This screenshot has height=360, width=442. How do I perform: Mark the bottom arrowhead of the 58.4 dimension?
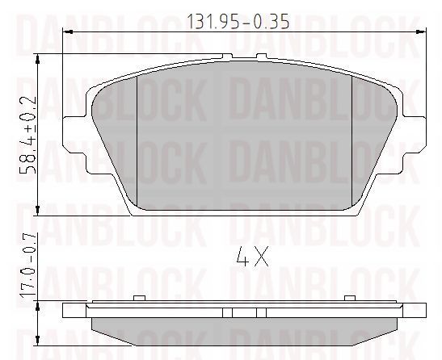pos(39,207)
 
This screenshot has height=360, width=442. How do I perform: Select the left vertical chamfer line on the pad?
pos(139,137)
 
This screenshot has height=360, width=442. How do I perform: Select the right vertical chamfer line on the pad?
pos(352,137)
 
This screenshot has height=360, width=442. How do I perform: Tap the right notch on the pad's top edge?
pos(262,57)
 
